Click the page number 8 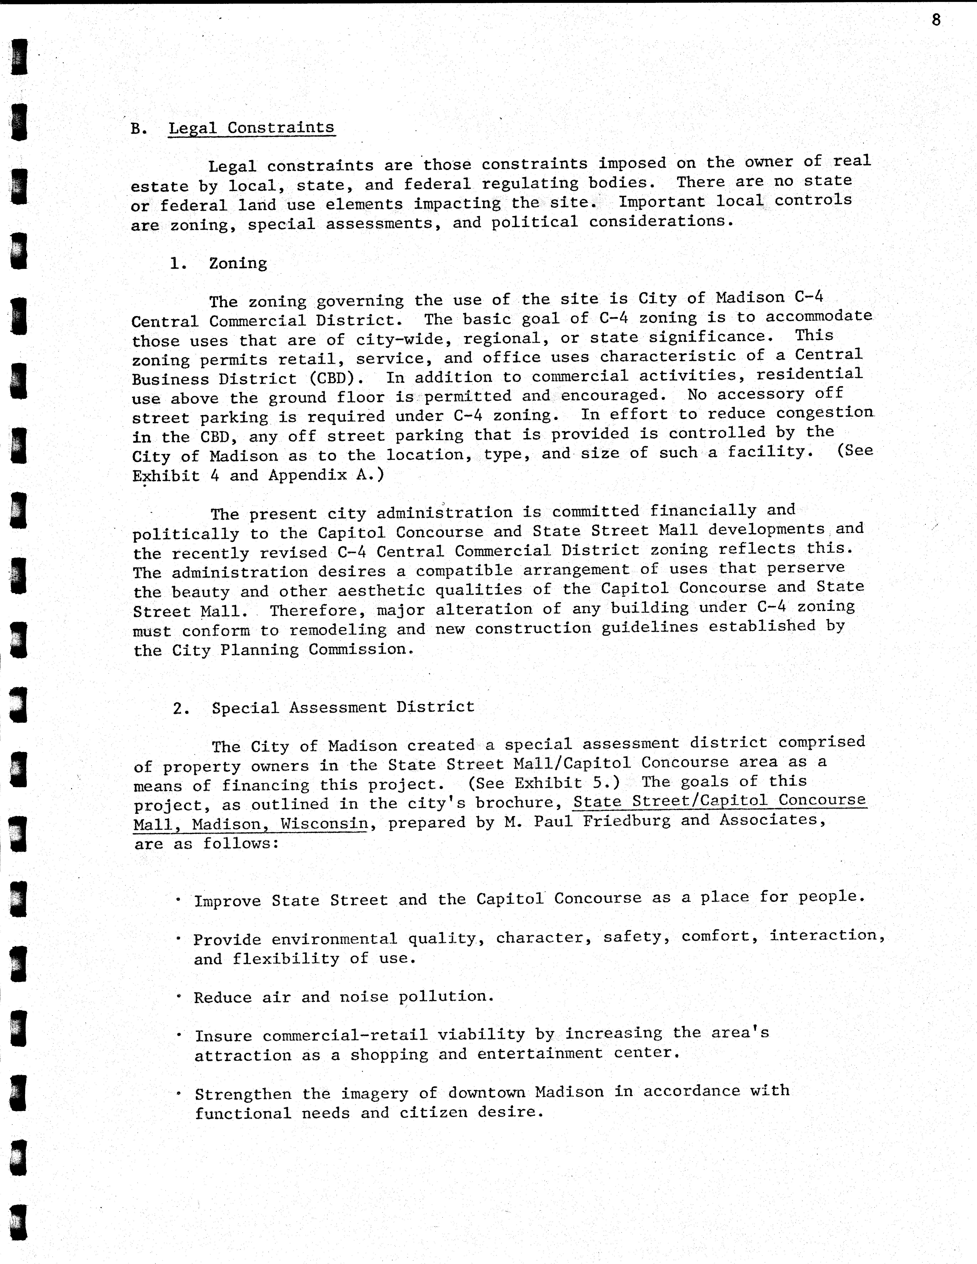point(936,20)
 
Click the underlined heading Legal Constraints point(251,127)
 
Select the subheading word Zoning point(238,263)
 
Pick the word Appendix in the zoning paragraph point(306,475)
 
